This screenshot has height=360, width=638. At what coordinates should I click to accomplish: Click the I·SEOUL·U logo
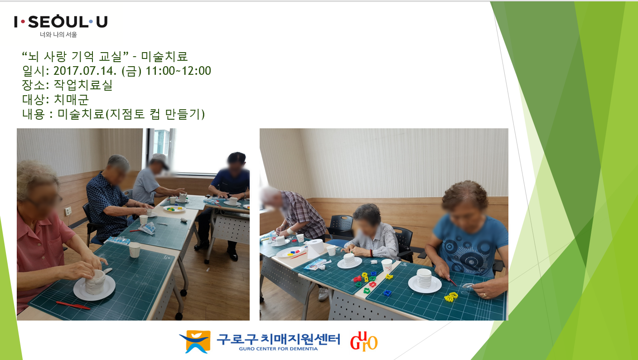pos(61,22)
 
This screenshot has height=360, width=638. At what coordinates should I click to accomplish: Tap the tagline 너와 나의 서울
pos(58,34)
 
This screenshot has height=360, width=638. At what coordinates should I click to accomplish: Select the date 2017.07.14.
pos(85,71)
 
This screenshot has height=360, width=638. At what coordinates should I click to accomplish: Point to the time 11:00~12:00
pos(178,71)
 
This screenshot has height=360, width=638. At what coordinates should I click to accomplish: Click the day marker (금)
pos(131,71)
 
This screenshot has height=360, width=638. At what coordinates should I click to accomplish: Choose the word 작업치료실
pos(83,85)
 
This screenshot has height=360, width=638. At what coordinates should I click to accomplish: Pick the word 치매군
pos(71,99)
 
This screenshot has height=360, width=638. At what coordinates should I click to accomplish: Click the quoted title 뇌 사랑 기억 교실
pos(76,56)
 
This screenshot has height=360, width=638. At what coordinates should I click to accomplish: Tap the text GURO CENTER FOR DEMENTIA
pos(278,349)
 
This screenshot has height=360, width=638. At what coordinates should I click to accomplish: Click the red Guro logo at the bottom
pos(364,341)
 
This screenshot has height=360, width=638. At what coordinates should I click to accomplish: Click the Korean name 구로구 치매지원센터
pos(278,339)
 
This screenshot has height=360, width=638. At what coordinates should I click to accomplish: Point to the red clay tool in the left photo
pos(73,305)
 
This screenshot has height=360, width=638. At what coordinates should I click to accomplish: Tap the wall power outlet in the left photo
pos(68,211)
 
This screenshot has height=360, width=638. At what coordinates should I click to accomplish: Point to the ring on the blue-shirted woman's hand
pos(484,295)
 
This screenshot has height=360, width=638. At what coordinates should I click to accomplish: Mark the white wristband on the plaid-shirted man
pos(290,231)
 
